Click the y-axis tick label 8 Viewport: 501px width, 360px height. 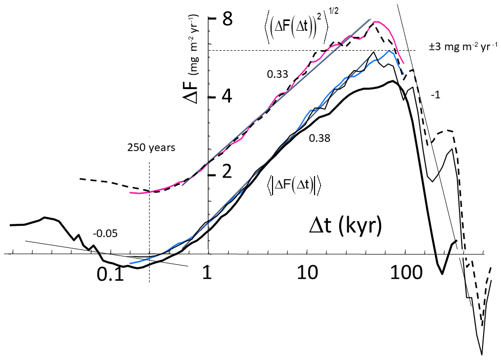(x=227, y=20)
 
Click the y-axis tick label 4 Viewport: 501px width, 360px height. (x=227, y=96)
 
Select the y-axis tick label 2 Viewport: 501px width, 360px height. (x=227, y=173)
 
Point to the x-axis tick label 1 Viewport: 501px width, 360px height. (x=207, y=274)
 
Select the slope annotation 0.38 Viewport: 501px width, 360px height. (x=319, y=138)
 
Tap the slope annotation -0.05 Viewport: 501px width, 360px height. (x=106, y=234)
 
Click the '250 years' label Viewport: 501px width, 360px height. (x=151, y=149)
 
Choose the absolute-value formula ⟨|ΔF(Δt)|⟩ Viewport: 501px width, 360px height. (x=294, y=186)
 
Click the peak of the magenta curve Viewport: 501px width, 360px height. (x=376, y=22)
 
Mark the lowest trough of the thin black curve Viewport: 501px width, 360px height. (x=482, y=354)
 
